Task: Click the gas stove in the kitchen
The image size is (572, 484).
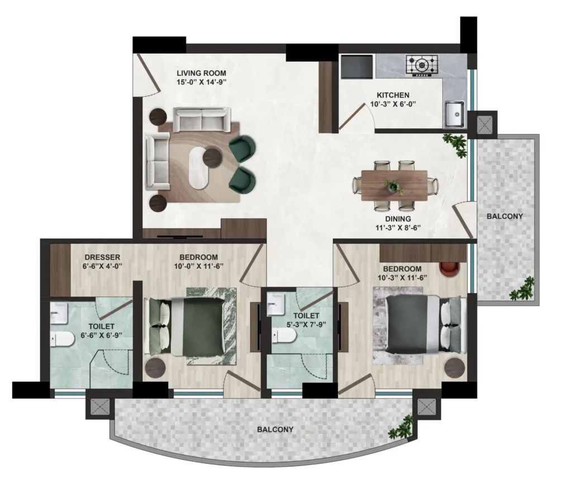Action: click(x=422, y=66)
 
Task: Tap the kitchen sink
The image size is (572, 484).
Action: click(x=454, y=114)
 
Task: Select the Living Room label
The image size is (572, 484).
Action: click(x=201, y=73)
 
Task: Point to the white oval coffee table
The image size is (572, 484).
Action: click(x=199, y=167)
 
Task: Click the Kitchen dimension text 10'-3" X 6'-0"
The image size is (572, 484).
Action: click(x=393, y=104)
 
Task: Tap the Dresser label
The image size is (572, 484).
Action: click(x=102, y=257)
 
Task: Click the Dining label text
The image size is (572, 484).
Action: click(x=398, y=219)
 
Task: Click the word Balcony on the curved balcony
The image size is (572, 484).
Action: click(x=275, y=429)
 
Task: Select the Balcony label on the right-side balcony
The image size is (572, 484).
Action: click(x=505, y=216)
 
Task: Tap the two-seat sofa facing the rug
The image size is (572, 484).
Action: click(x=202, y=119)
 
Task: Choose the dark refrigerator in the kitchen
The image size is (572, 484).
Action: click(x=357, y=66)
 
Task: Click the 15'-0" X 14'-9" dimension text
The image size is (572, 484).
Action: click(x=201, y=82)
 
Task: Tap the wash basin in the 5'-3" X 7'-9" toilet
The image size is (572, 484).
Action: click(x=276, y=304)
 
